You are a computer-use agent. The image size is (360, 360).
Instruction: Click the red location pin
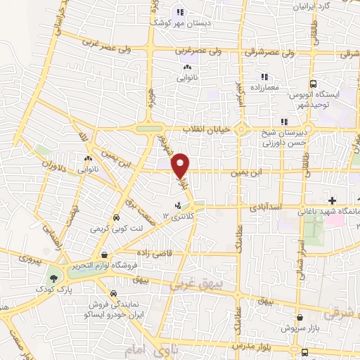[181, 165]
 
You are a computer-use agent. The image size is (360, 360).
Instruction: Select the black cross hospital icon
[332, 201]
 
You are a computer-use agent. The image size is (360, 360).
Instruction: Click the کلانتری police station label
[181, 217]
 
